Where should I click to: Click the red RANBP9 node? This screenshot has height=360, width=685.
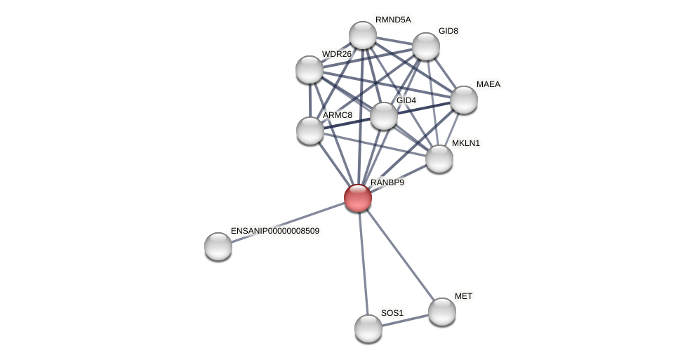click(358, 198)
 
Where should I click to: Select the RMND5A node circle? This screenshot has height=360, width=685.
click(363, 35)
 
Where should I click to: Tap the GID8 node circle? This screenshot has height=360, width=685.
click(426, 46)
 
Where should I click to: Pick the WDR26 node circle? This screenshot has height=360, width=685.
click(310, 69)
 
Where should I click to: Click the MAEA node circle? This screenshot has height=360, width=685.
click(464, 100)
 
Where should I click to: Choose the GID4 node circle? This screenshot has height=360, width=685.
click(384, 116)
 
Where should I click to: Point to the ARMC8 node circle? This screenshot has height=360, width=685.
click(310, 131)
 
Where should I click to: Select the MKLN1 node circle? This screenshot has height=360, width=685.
click(439, 159)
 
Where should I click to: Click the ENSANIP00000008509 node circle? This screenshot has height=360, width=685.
click(218, 246)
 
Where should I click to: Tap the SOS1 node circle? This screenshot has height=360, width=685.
click(368, 328)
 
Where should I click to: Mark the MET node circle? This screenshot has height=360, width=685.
click(442, 312)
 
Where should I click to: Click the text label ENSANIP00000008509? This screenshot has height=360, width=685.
click(275, 231)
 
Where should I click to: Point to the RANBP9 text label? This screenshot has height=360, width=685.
click(387, 182)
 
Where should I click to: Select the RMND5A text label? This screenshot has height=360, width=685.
click(393, 20)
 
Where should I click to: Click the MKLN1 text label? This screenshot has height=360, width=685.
click(466, 143)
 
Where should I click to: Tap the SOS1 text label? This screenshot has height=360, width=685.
click(392, 313)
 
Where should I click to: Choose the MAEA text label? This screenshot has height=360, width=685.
click(488, 84)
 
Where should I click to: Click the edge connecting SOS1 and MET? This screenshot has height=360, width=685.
click(406, 320)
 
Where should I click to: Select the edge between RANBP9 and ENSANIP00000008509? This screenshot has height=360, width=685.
click(288, 222)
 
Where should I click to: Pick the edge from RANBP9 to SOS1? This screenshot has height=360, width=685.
click(364, 263)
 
